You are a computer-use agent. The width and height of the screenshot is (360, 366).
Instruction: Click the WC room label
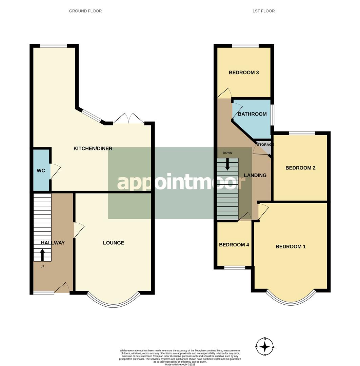point(41,170)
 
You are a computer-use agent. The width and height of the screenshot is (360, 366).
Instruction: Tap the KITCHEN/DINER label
point(93,148)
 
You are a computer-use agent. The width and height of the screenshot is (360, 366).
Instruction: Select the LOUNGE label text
point(114,243)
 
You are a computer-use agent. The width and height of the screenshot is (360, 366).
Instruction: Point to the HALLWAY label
point(53,243)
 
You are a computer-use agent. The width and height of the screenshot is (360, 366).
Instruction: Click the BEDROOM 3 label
point(244,73)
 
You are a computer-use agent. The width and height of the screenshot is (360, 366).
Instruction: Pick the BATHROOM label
point(252,114)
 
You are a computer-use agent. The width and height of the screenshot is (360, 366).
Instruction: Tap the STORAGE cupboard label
point(265,145)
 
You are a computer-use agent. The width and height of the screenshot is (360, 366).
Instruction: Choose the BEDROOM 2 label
point(300,168)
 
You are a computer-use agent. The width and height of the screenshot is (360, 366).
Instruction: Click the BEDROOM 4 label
point(234,245)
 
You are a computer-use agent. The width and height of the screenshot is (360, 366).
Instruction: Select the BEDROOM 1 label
point(291,246)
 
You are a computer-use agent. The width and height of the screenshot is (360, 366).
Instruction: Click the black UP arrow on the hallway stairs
point(42,255)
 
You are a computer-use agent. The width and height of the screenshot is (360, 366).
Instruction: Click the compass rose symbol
point(265,347)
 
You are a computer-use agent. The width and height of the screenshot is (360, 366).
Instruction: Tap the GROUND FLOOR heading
point(85,11)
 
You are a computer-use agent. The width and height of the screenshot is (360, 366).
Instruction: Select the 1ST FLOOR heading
point(263,11)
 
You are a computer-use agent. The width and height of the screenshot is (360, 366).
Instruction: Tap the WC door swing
point(55,171)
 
